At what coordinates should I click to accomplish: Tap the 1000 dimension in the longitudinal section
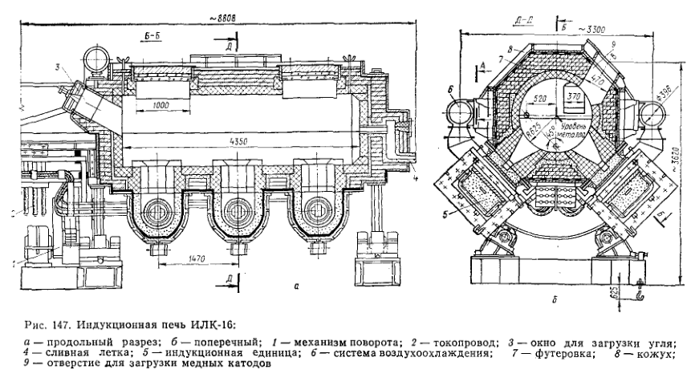tap(158, 105)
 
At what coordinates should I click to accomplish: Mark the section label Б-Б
tap(155, 37)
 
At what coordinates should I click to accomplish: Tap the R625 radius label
tap(528, 125)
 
